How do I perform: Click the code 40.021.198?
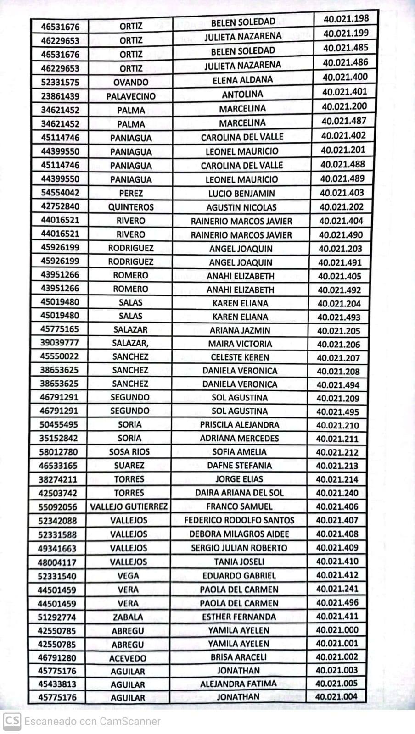pyautogui.click(x=346, y=19)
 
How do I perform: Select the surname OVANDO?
pyautogui.click(x=131, y=83)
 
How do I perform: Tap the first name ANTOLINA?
pyautogui.click(x=242, y=95)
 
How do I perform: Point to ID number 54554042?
pyautogui.click(x=60, y=193)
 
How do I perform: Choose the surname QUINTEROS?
pyautogui.click(x=131, y=207)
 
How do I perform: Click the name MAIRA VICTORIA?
pyautogui.click(x=240, y=344)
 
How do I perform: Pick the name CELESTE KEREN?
pyautogui.click(x=240, y=357)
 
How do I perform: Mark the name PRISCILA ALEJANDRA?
pyautogui.click(x=240, y=425)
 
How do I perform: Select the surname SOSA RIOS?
pyautogui.click(x=129, y=452)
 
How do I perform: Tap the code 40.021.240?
pyautogui.click(x=337, y=493)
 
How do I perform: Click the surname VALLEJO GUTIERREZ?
pyautogui.click(x=129, y=507)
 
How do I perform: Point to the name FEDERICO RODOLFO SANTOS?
pyautogui.click(x=239, y=520)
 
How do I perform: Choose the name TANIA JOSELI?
pyautogui.click(x=239, y=562)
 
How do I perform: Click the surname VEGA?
pyautogui.click(x=129, y=576)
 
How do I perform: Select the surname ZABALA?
pyautogui.click(x=128, y=617)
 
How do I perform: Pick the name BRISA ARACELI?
pyautogui.click(x=239, y=657)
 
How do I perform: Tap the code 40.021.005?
pyautogui.click(x=336, y=684)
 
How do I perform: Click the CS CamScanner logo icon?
pyautogui.click(x=11, y=721)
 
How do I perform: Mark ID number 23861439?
pyautogui.click(x=60, y=96)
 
